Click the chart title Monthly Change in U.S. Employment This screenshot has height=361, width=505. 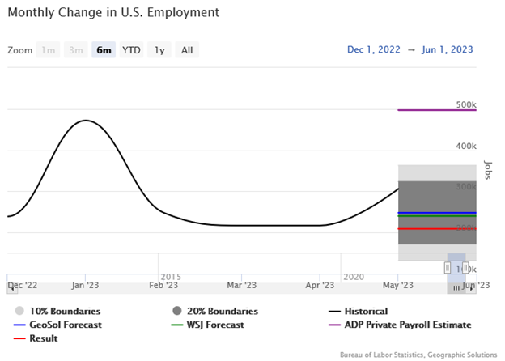tap(113, 13)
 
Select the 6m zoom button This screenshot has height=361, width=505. tap(104, 50)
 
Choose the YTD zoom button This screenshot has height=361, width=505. tap(131, 50)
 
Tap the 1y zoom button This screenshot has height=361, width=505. tap(159, 50)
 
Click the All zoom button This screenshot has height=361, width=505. tap(187, 50)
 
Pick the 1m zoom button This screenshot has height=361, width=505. tap(49, 50)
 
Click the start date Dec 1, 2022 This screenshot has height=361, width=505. tap(374, 49)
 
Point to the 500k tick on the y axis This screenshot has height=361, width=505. tap(465, 104)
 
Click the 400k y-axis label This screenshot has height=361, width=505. tap(465, 146)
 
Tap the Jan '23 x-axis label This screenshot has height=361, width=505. tap(85, 285)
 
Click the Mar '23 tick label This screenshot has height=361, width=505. tap(242, 285)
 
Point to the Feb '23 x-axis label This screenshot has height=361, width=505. tap(163, 285)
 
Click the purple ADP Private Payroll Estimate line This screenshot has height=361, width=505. tap(437, 110)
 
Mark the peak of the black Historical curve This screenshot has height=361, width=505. tap(85, 121)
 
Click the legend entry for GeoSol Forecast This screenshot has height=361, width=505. tap(57, 325)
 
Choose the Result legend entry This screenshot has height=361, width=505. tap(42, 338)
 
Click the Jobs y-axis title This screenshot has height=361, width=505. tap(487, 169)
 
